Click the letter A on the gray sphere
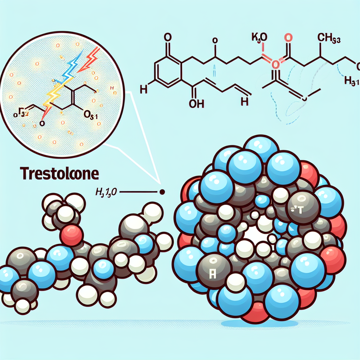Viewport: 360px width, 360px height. coord(212,274)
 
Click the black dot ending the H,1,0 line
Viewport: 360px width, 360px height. coord(162,192)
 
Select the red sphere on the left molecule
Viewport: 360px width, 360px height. coord(72,235)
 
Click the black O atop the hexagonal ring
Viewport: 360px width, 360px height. coord(167,38)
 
